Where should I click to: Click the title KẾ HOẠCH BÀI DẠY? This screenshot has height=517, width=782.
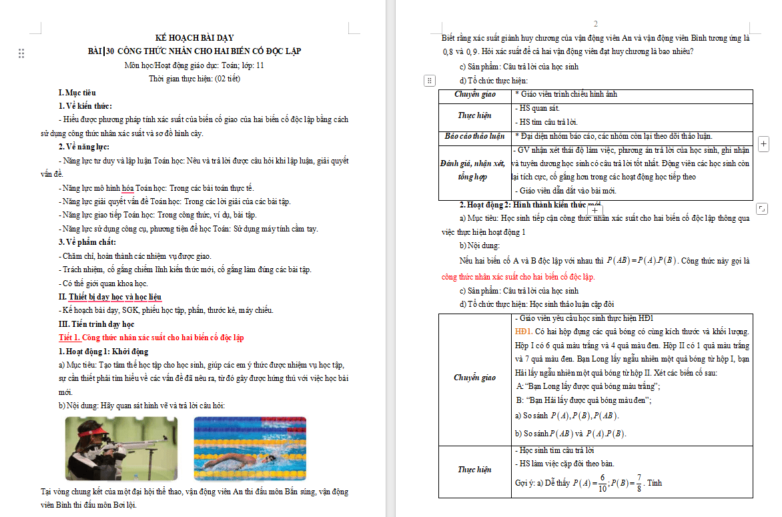tap(194, 38)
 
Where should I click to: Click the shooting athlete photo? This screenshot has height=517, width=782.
tap(121, 448)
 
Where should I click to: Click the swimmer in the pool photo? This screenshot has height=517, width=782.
tap(250, 448)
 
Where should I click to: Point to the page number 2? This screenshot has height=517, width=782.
tap(596, 23)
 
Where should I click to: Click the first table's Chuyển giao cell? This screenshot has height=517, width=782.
tap(475, 95)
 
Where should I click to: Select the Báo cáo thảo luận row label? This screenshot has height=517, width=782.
tap(475, 136)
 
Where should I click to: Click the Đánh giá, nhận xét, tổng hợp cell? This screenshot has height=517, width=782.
tap(475, 170)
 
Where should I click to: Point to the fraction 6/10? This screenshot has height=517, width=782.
tap(601, 483)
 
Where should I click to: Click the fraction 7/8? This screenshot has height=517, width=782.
tap(639, 483)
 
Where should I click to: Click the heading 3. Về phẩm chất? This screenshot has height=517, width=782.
tap(87, 242)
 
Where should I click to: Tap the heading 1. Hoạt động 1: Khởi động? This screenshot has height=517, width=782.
tap(103, 352)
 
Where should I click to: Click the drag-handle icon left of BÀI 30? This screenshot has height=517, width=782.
tap(21, 53)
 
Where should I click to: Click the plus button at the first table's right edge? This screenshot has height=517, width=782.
tap(764, 143)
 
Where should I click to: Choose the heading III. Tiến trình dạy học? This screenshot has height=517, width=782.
tap(96, 324)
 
